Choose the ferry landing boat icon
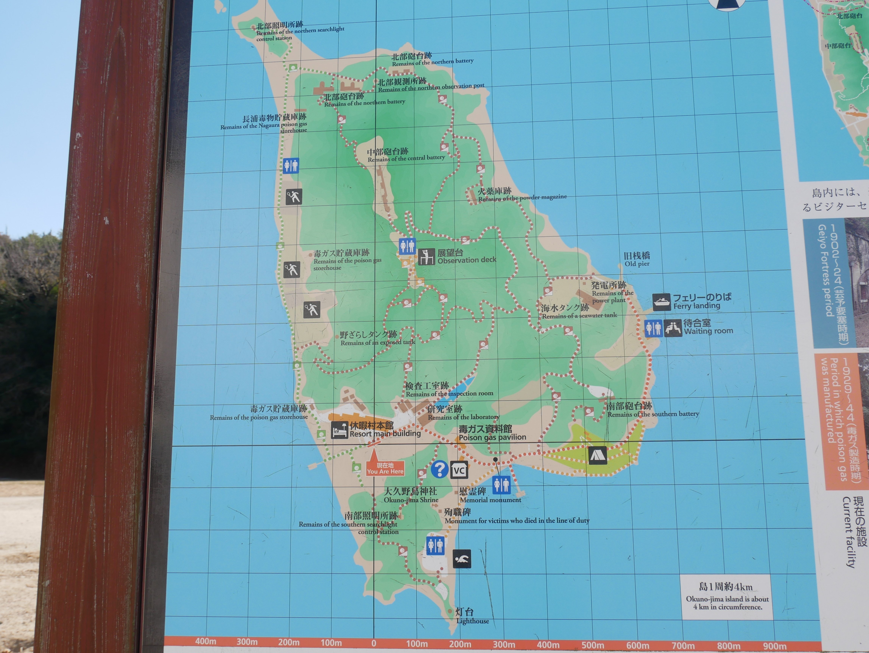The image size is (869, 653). pyautogui.click(x=661, y=302)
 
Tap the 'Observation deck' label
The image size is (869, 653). pyautogui.click(x=467, y=260)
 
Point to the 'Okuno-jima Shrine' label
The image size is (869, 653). pyautogui.click(x=411, y=500)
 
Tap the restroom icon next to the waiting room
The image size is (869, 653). pyautogui.click(x=653, y=328)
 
